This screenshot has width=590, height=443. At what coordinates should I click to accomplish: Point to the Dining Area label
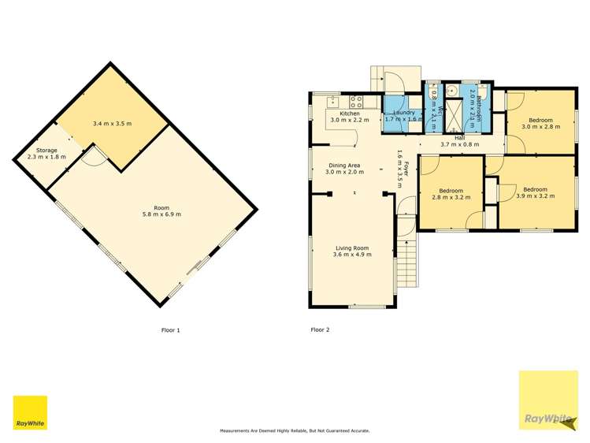pos(343,165)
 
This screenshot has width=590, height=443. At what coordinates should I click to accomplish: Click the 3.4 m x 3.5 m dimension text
pos(112,124)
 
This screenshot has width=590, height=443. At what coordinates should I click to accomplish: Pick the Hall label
pos(459,137)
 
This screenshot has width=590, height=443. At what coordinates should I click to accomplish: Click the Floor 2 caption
pos(320,329)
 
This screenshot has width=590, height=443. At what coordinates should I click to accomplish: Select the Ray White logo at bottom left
pos(30,413)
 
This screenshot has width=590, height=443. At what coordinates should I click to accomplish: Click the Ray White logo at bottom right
pos(548,401)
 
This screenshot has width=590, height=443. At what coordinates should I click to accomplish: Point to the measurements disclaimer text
pos(294,431)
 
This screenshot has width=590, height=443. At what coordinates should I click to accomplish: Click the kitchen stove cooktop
pos(355,101)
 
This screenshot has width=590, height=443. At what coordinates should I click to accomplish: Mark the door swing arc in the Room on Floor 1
pos(95,156)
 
